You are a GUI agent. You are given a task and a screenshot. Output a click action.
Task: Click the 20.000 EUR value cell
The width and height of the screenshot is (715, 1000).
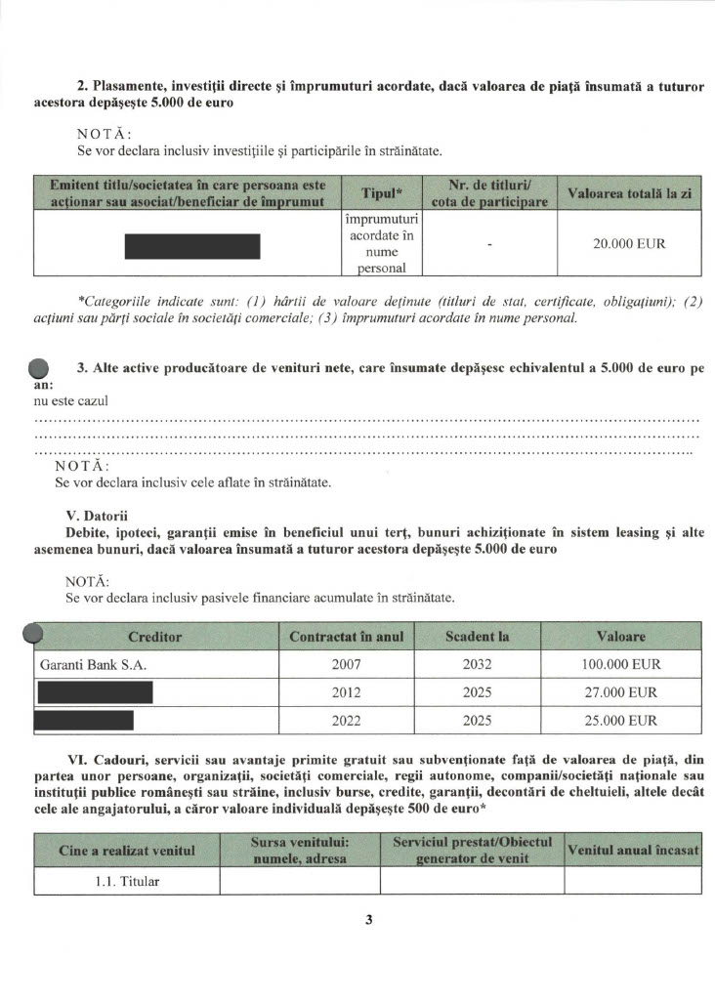629,243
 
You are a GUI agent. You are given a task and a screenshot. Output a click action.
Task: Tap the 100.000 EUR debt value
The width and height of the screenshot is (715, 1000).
621,665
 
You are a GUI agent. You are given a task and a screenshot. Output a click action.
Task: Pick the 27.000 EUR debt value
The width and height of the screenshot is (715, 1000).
621,693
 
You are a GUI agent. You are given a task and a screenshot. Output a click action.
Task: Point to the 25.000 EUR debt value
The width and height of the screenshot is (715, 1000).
621,722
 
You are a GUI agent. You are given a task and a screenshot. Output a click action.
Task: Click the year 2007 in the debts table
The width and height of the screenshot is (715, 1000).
346,665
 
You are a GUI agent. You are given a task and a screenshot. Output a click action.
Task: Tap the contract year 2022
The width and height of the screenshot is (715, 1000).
346,722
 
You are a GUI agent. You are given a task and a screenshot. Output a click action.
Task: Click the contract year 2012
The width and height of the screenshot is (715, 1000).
346,693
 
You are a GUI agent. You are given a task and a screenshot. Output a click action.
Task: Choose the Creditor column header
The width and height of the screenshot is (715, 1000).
155,637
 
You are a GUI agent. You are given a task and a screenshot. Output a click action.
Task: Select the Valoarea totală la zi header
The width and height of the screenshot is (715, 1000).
629,194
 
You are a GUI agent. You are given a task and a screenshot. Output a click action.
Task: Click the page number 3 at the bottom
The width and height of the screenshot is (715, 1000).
369,919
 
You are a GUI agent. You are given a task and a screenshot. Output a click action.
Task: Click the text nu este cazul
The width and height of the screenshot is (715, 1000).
70,400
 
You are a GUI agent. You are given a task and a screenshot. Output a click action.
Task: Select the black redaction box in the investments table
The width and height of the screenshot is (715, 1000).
192,246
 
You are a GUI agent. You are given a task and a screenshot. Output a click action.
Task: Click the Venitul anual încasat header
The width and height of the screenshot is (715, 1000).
633,851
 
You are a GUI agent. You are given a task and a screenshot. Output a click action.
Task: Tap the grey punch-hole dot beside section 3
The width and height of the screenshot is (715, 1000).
39,368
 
